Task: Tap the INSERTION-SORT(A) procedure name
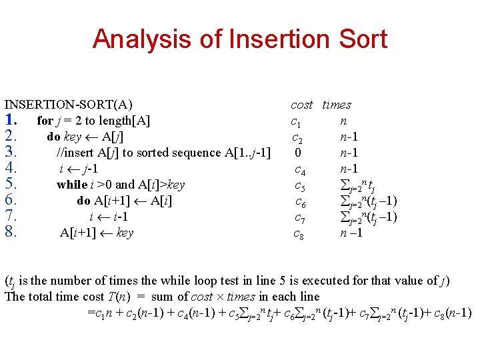click(x=69, y=105)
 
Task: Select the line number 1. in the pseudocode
click(x=11, y=121)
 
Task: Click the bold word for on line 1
click(x=45, y=121)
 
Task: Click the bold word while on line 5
click(x=72, y=185)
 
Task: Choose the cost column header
click(x=301, y=105)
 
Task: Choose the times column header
click(x=337, y=105)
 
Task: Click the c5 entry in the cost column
click(x=300, y=185)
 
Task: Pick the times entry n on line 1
click(x=343, y=121)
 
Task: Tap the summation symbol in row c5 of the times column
click(x=344, y=185)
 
